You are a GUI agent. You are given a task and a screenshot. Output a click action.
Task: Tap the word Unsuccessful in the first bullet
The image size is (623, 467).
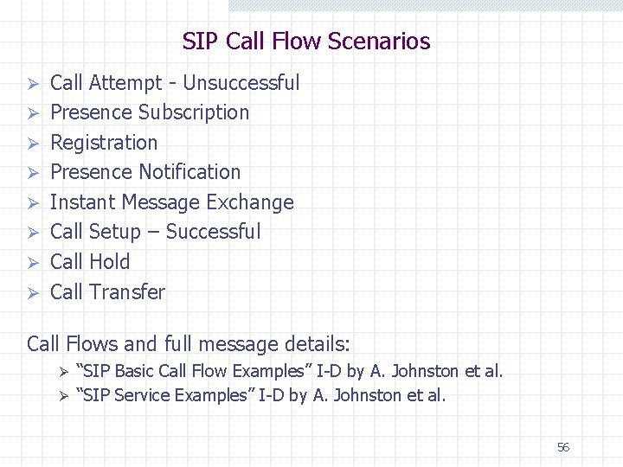(x=241, y=83)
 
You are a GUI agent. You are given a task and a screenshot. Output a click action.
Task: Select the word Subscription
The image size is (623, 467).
(x=194, y=112)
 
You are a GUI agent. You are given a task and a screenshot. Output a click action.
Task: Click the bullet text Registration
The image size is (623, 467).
(x=104, y=143)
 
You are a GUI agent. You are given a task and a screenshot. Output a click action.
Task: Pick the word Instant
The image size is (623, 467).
(x=83, y=202)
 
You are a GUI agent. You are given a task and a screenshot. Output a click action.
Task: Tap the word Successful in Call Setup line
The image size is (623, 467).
(x=213, y=232)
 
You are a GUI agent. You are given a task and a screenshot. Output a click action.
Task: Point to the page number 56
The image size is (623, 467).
(x=563, y=447)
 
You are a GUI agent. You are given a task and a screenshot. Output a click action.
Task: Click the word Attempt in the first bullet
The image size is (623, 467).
(x=125, y=83)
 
